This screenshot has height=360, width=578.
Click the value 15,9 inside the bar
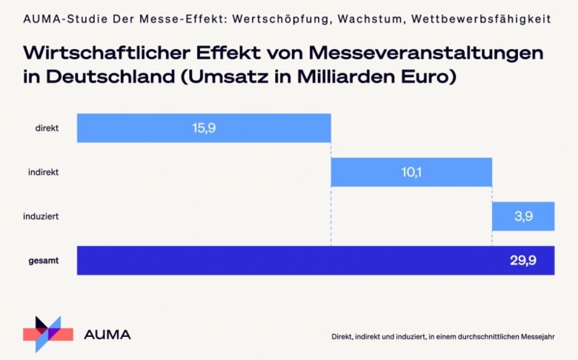[204, 128]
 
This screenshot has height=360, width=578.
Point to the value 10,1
[412, 172]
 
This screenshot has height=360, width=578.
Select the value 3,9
[523, 217]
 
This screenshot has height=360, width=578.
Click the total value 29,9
[524, 261]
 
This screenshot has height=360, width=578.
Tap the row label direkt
[47, 128]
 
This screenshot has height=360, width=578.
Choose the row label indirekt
[44, 172]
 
